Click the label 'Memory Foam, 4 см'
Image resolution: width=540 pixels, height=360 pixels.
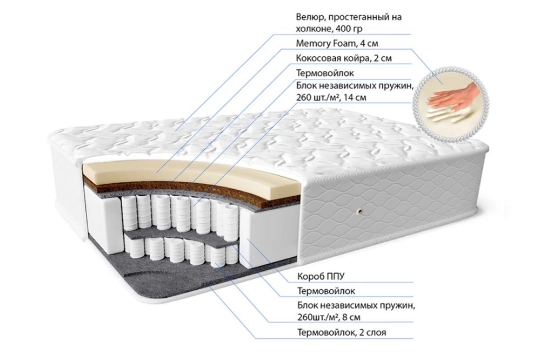tap(337, 44)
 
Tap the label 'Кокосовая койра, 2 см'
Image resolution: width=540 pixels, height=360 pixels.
tap(344, 58)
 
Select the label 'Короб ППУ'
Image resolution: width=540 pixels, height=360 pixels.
tap(321, 276)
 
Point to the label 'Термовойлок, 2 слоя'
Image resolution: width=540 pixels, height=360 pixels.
tap(342, 332)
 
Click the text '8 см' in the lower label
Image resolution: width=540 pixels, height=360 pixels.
tap(351, 317)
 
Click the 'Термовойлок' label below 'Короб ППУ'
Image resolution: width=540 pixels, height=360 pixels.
tap(326, 291)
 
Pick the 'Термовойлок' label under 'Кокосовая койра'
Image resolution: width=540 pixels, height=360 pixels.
tap(325, 73)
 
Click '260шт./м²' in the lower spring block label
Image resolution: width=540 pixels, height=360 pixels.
tap(318, 317)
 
